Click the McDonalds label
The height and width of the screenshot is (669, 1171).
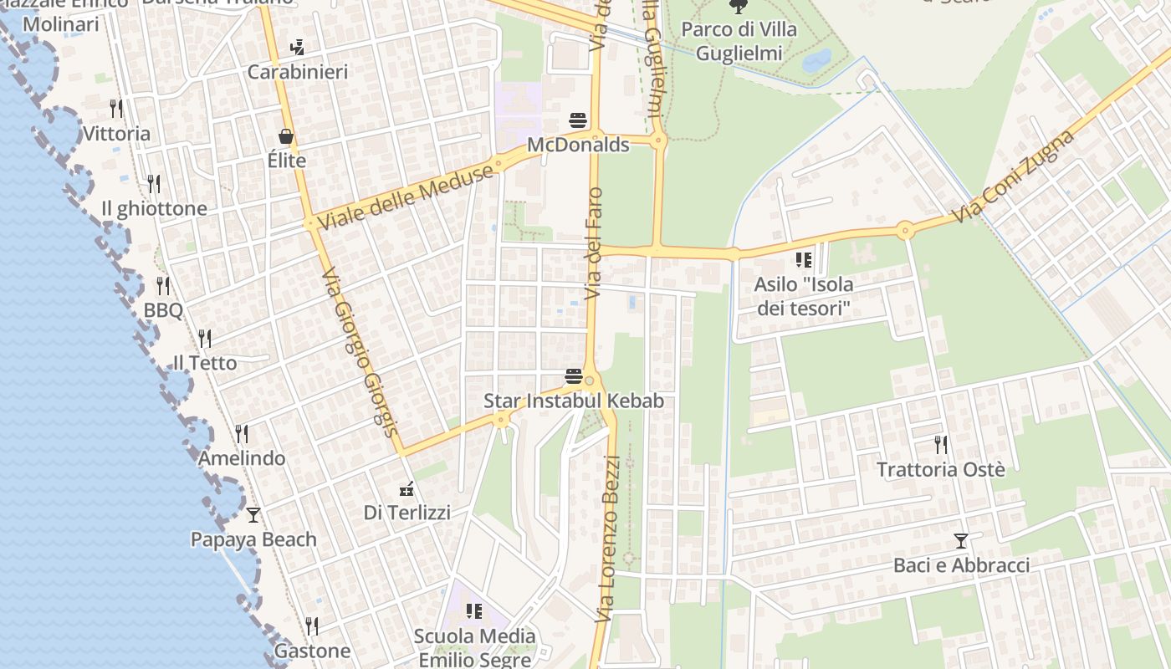[x=578, y=145]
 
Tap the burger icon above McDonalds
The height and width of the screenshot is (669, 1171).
[x=577, y=120]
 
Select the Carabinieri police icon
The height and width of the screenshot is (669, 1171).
[x=297, y=47]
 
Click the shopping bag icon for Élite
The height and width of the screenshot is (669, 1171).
[x=286, y=135]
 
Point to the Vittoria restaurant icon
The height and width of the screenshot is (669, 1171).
[x=116, y=108]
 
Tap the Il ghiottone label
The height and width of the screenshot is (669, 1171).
[x=154, y=208]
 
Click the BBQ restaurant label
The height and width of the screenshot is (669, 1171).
[x=163, y=310]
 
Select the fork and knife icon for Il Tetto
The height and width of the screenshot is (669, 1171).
[x=204, y=338]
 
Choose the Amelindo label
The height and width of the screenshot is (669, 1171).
[x=242, y=458]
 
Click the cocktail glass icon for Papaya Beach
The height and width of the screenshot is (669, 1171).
[x=253, y=514]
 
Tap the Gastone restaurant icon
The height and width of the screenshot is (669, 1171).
[x=311, y=626]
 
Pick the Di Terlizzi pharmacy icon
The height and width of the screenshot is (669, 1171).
[x=407, y=488]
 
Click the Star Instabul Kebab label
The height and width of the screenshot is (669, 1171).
[x=574, y=401]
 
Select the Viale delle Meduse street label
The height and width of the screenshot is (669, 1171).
[x=406, y=199]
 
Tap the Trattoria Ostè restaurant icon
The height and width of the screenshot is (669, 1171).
[x=941, y=444]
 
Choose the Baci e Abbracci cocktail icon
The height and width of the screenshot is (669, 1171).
[x=961, y=541]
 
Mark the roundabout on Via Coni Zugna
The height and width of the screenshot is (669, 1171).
[x=904, y=230]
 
